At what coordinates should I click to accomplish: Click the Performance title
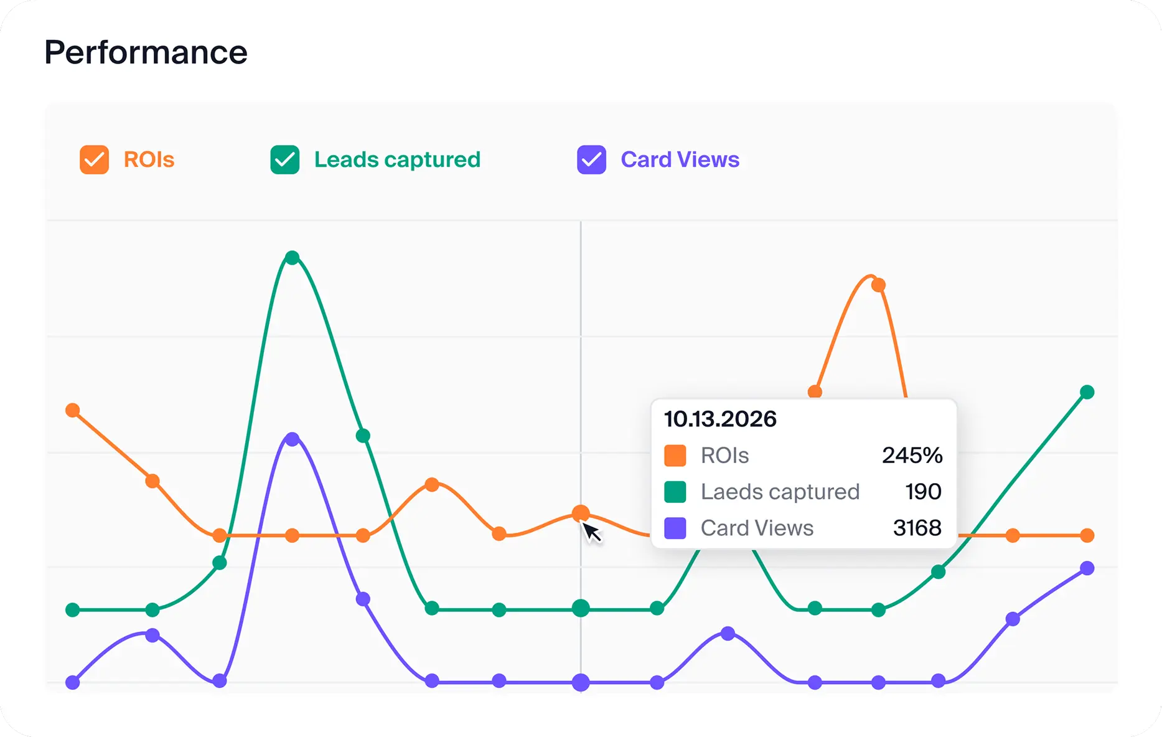point(146,52)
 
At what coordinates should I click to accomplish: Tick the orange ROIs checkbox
point(94,160)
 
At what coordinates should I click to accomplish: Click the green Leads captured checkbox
point(284,160)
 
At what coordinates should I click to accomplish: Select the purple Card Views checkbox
point(591,160)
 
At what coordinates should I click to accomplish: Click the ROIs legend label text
point(149,160)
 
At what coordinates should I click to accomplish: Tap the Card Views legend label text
point(680,160)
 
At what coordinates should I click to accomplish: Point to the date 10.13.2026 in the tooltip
point(720,419)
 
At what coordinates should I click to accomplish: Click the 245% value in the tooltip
point(912,456)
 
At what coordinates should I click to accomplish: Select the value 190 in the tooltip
point(923,492)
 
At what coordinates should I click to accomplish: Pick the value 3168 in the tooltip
point(917,528)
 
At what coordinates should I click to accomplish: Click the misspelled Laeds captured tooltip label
point(780,492)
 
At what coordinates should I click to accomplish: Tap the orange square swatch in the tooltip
point(675,456)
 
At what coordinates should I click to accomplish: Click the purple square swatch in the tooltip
point(675,528)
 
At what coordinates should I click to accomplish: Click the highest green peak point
point(292,258)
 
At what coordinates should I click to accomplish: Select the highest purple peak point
point(292,439)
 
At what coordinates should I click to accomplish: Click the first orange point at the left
point(73,410)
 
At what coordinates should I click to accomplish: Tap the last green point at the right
point(1087,392)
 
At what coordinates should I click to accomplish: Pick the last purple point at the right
point(1087,568)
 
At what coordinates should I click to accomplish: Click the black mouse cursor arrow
point(591,532)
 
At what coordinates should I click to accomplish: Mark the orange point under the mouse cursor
point(581,513)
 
